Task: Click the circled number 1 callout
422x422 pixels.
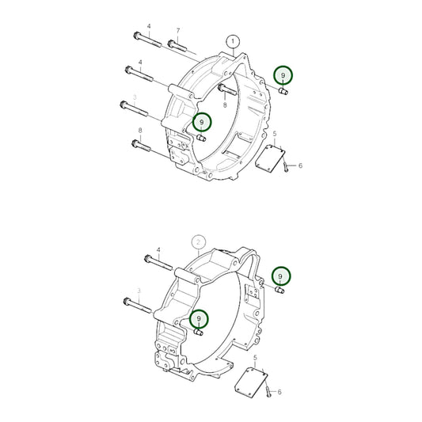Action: click(x=232, y=40)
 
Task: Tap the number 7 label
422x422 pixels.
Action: click(x=177, y=31)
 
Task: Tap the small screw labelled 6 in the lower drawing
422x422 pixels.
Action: click(x=269, y=391)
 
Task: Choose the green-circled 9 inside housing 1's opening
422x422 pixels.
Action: click(x=203, y=122)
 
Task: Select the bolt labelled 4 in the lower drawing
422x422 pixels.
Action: click(x=158, y=260)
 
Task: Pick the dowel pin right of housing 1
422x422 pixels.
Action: click(x=283, y=93)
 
